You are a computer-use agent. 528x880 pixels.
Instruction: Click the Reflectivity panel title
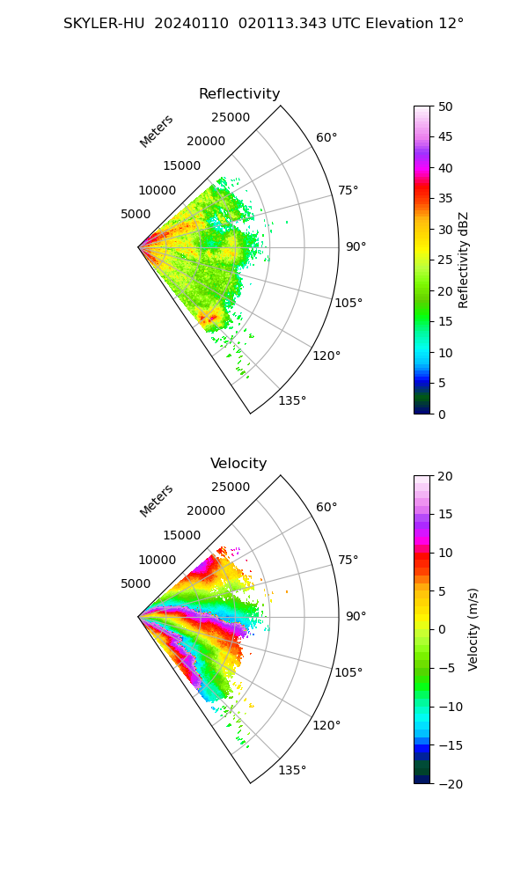(x=239, y=94)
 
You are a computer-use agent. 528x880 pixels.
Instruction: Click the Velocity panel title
(x=238, y=464)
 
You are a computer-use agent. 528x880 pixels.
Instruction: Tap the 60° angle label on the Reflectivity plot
(x=326, y=138)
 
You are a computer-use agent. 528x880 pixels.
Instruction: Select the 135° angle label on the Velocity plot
(x=292, y=771)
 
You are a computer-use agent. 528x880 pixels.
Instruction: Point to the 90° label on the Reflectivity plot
(x=356, y=247)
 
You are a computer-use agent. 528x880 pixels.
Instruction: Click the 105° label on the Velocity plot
(x=348, y=673)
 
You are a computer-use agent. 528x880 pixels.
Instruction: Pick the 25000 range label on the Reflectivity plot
(x=231, y=118)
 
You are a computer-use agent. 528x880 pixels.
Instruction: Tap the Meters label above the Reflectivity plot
(x=157, y=131)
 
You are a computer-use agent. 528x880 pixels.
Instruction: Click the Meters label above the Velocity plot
(x=157, y=501)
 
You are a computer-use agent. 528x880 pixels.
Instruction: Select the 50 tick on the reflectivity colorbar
(x=446, y=106)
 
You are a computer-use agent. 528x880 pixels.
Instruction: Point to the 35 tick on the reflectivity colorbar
(x=446, y=199)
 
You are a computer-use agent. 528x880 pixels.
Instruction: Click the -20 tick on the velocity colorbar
(x=450, y=783)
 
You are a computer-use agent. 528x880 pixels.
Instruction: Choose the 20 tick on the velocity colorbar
(x=446, y=476)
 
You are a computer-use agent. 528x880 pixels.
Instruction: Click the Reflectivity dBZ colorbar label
(x=464, y=260)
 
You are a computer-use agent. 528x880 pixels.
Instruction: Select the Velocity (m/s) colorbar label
(x=473, y=629)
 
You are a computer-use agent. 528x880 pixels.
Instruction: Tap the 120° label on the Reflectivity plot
(x=326, y=356)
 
